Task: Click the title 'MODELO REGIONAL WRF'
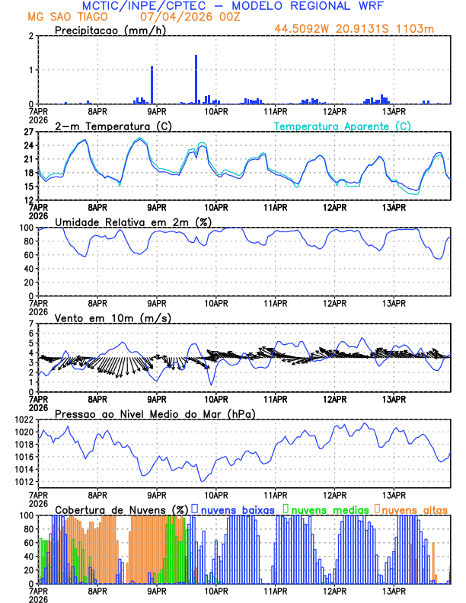tap(328, 6)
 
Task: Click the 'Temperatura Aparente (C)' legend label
tap(342, 126)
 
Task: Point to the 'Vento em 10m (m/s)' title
tap(113, 317)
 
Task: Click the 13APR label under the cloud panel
tap(393, 590)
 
